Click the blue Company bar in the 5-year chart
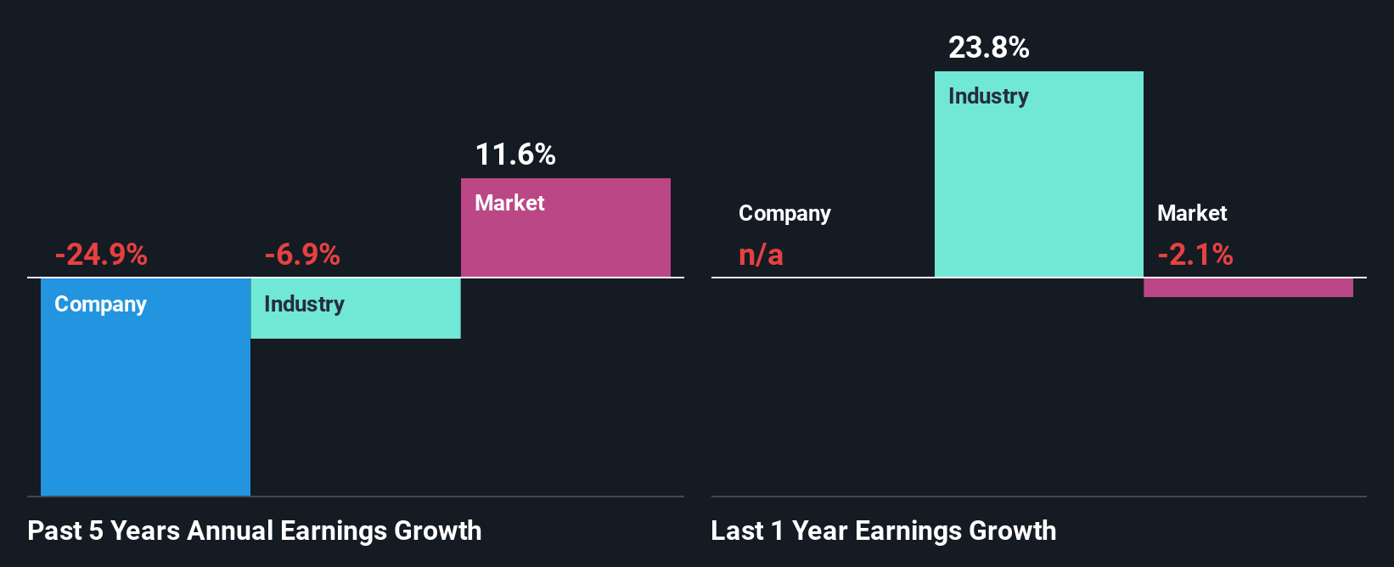pos(145,399)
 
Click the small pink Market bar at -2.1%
pos(1248,288)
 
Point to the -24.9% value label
pos(101,255)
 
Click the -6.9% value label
pos(302,255)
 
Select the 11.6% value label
pos(515,154)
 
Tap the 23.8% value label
pos(989,48)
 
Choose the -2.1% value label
pos(1195,255)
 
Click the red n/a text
pos(761,255)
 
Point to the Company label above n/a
pos(784,213)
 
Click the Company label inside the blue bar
pos(100,304)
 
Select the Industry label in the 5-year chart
pos(304,304)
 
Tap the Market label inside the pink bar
pos(509,203)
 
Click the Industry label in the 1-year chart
pos(988,96)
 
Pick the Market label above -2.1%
pos(1192,213)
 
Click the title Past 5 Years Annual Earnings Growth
pos(255,531)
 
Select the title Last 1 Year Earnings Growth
pos(884,531)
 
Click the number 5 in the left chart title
pos(96,531)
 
